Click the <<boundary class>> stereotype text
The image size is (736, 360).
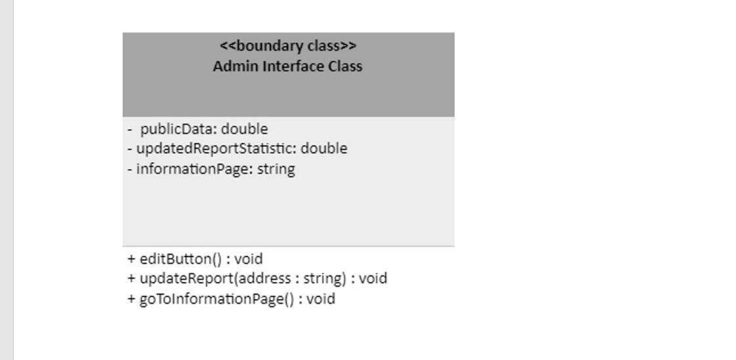[288, 46]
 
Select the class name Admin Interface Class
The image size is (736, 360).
[287, 66]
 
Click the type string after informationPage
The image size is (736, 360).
[276, 169]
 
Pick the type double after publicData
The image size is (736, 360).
[245, 129]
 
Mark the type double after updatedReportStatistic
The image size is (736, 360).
[324, 149]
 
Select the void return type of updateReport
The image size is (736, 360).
[373, 279]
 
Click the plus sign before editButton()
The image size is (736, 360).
[131, 258]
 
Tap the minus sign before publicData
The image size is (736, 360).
[131, 129]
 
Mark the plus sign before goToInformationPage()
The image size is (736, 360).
[131, 299]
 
